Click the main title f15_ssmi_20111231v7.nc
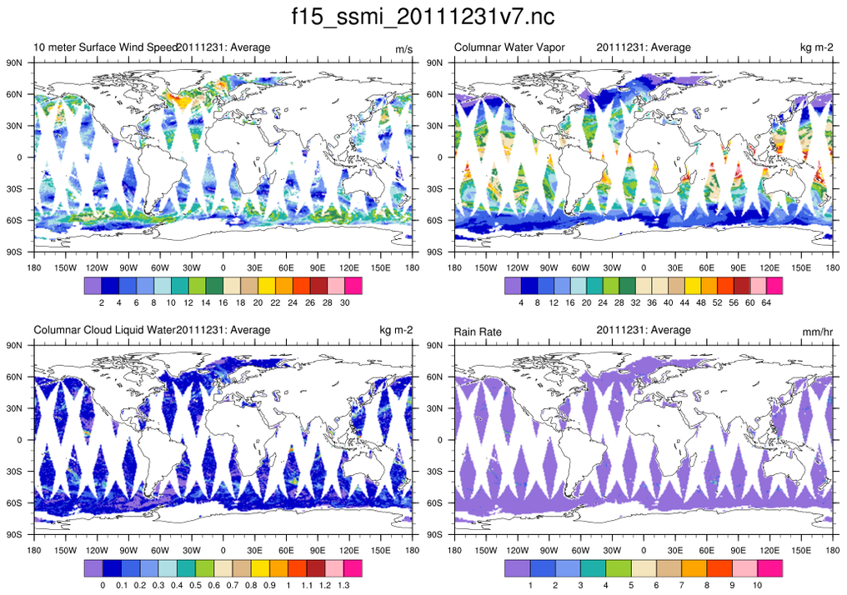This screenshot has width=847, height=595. (x=423, y=17)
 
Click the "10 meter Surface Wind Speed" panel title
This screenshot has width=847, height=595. (x=105, y=47)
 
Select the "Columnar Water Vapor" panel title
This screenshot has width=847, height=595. (x=509, y=47)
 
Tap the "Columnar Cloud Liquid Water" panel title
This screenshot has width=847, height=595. (x=105, y=330)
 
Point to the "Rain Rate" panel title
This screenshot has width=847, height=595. (x=477, y=331)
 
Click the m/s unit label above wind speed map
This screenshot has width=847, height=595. (x=403, y=49)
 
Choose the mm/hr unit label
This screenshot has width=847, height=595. (x=816, y=332)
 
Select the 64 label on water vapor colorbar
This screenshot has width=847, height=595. (x=766, y=302)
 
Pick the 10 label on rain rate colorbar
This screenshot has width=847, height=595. (x=757, y=585)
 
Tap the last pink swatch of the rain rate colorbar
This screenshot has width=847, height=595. (x=769, y=568)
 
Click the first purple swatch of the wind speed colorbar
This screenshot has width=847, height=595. (x=93, y=286)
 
